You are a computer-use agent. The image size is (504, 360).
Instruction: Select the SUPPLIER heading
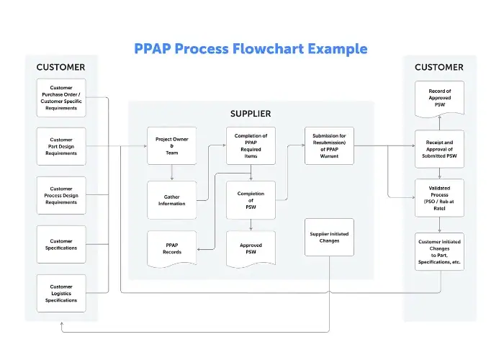pyautogui.click(x=251, y=114)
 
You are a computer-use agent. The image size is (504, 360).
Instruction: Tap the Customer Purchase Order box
pyautogui.click(x=61, y=97)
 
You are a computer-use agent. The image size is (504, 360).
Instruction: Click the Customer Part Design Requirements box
pyautogui.click(x=61, y=146)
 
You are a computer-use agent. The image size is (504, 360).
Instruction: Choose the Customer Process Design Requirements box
pyautogui.click(x=61, y=195)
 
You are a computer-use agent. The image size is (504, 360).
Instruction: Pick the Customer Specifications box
pyautogui.click(x=61, y=244)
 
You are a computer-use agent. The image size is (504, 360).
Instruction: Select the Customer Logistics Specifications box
pyautogui.click(x=61, y=293)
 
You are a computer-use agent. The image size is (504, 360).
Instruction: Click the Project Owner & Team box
pyautogui.click(x=171, y=146)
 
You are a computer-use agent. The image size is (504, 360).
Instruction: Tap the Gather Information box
pyautogui.click(x=171, y=199)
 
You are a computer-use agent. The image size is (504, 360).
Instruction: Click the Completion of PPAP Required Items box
pyautogui.click(x=251, y=146)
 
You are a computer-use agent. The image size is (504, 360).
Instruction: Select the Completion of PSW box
pyautogui.click(x=251, y=199)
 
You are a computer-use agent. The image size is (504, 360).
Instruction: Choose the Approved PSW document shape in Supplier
pyautogui.click(x=251, y=249)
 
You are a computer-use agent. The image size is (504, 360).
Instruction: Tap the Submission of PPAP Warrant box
pyautogui.click(x=329, y=146)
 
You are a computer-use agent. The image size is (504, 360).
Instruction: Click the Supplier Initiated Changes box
pyautogui.click(x=329, y=237)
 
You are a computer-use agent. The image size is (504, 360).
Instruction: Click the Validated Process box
pyautogui.click(x=439, y=198)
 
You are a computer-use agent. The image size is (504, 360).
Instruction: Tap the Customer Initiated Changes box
pyautogui.click(x=439, y=251)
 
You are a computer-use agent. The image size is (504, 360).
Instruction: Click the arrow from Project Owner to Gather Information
pyautogui.click(x=171, y=173)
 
